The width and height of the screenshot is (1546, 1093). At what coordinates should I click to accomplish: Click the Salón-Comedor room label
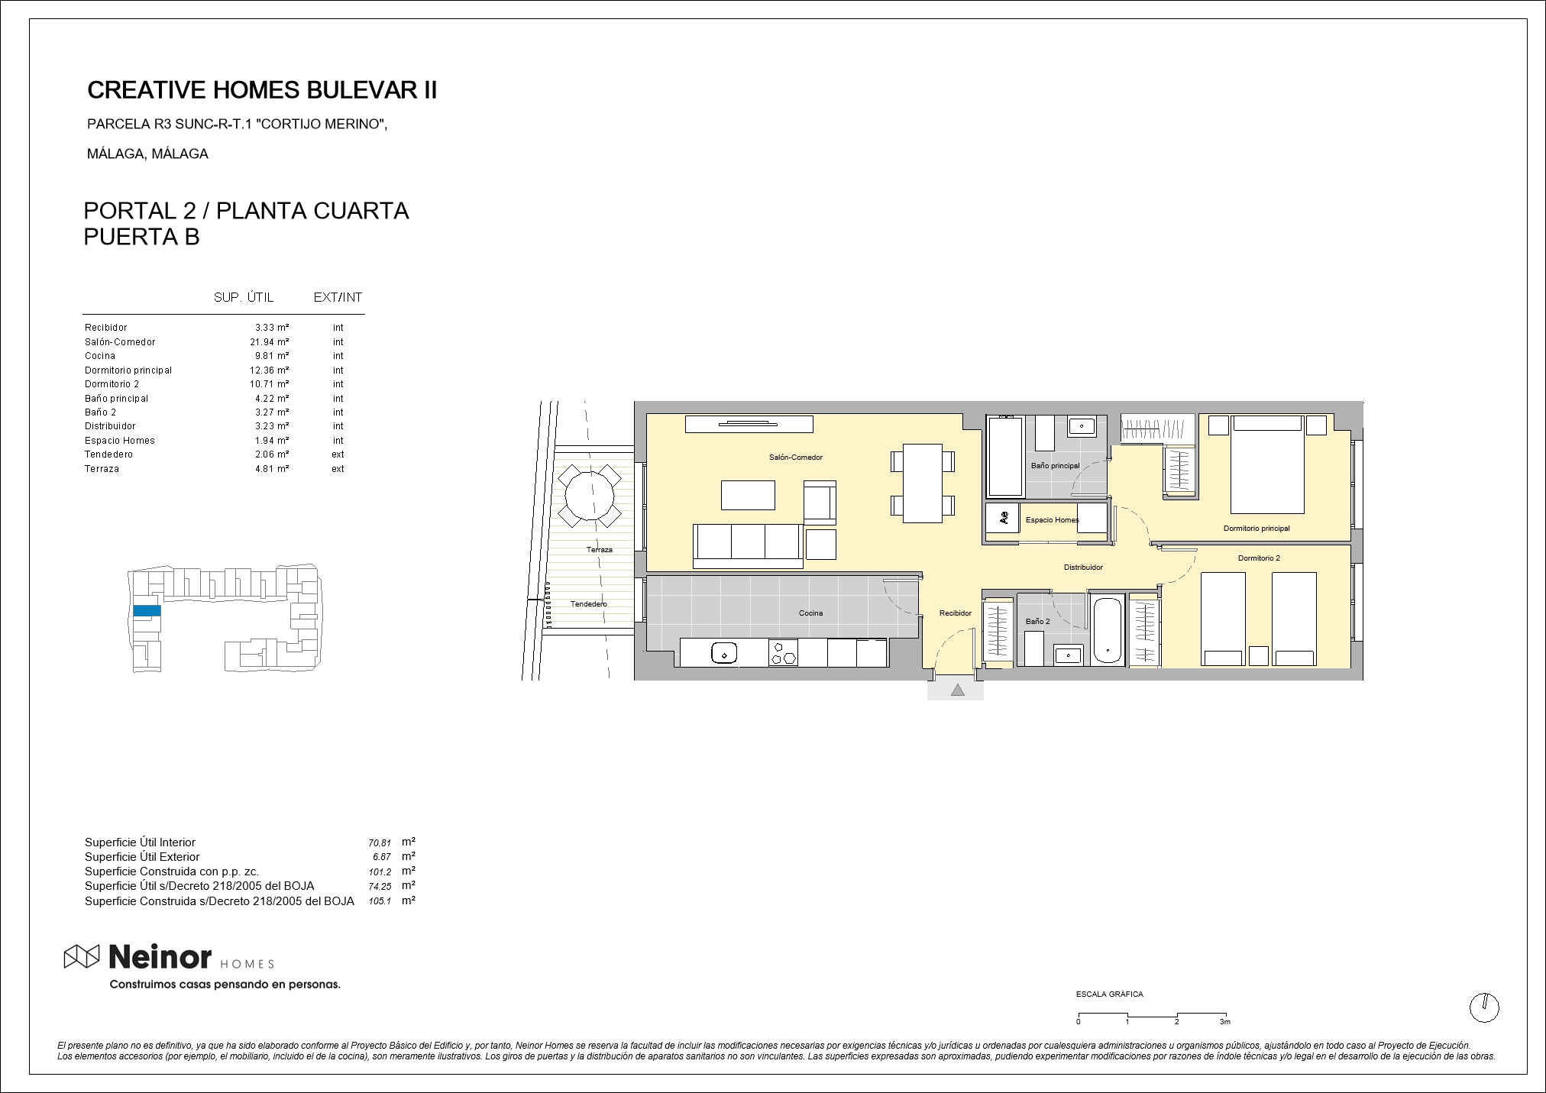click(x=795, y=458)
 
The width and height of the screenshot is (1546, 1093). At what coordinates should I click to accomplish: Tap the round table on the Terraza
click(x=590, y=496)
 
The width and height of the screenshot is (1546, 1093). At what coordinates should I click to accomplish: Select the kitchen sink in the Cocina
click(x=723, y=653)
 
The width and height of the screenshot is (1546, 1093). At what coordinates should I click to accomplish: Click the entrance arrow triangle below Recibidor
click(x=957, y=690)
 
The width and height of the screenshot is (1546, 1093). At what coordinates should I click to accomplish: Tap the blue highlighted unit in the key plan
click(x=147, y=611)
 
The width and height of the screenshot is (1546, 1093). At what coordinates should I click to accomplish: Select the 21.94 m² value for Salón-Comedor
click(x=270, y=342)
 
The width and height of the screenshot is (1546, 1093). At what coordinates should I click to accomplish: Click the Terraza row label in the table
click(x=102, y=469)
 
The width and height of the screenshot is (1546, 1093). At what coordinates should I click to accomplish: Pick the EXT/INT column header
click(x=338, y=297)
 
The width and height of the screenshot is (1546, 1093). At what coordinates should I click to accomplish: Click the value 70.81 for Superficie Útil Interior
click(x=380, y=843)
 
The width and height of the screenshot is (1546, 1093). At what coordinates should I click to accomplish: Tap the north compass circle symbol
click(x=1484, y=1007)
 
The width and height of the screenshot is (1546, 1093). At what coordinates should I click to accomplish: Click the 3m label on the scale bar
click(x=1225, y=1022)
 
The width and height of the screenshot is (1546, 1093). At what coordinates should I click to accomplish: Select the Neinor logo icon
click(x=82, y=956)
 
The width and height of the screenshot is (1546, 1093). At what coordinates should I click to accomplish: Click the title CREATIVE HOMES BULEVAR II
click(x=262, y=90)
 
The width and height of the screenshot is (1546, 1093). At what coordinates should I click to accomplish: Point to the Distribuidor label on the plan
click(x=1083, y=568)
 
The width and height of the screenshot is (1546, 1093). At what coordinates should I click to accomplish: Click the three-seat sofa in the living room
click(x=748, y=546)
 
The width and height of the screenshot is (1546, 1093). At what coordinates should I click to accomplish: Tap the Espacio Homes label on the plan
click(x=1052, y=520)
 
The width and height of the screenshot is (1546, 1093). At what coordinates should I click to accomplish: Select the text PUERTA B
click(x=141, y=238)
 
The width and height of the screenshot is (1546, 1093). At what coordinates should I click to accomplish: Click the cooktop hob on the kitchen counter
click(x=784, y=653)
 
